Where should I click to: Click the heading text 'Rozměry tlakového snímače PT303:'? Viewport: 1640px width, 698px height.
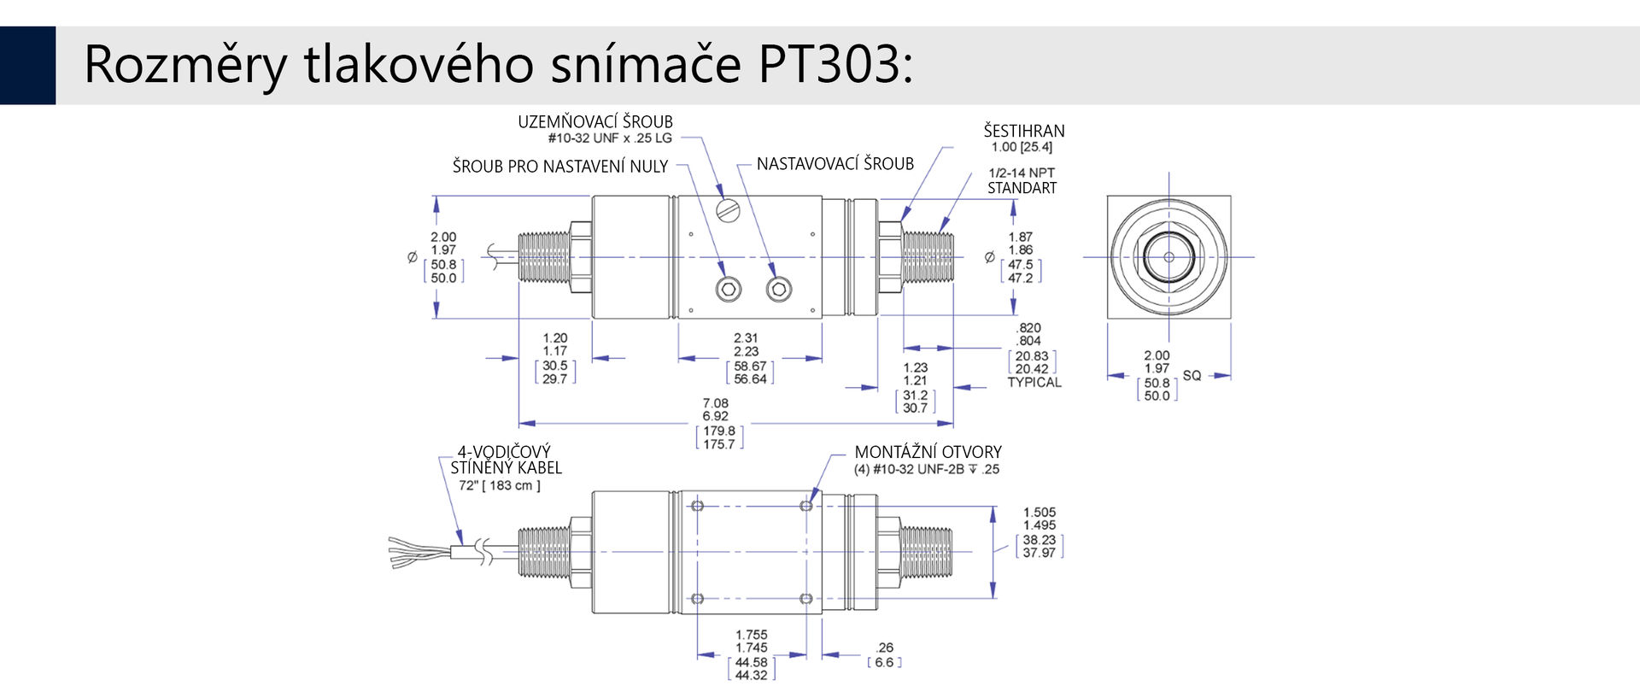pos(498,65)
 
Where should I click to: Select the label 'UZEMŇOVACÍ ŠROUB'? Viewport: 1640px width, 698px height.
pos(595,122)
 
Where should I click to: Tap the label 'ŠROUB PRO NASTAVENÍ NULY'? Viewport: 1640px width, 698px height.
pos(560,167)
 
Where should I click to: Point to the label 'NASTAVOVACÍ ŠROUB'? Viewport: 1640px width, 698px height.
pos(835,164)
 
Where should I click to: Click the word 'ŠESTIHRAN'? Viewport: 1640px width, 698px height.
pos(1024,131)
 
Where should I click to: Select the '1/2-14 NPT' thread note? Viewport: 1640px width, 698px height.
pos(1022,173)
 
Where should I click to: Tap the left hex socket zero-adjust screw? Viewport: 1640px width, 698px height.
pos(728,290)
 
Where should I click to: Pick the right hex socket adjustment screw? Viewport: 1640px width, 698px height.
pos(778,290)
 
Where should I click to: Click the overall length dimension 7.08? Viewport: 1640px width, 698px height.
pos(716,403)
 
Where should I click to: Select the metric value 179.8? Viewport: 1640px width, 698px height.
pos(719,431)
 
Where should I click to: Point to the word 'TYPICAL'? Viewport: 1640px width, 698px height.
pos(1034,382)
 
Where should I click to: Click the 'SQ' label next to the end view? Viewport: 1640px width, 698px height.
pos(1192,376)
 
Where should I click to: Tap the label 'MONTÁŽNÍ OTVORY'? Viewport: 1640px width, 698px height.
pos(928,452)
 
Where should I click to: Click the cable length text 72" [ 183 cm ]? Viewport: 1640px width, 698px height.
pos(500,485)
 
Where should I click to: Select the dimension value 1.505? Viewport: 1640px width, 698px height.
pos(1040,513)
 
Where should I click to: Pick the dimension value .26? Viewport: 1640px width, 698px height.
pos(885,648)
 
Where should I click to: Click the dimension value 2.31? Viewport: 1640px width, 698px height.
pos(746,338)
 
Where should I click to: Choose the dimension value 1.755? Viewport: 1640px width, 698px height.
pos(752,635)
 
